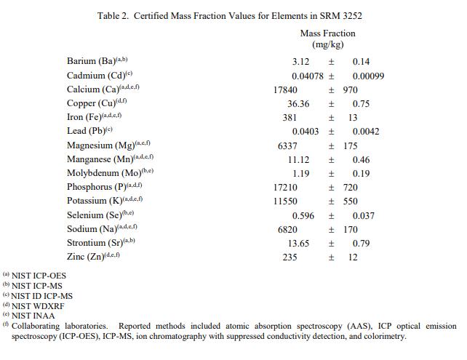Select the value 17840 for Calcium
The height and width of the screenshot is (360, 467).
coord(284,90)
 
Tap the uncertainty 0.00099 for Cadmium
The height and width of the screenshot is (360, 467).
coord(368,76)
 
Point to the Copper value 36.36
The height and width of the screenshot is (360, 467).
coord(298,104)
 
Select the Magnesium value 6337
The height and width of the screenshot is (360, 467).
coord(287,146)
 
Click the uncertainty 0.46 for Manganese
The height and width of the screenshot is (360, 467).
coord(361,160)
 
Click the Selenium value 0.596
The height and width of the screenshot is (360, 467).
coord(303,216)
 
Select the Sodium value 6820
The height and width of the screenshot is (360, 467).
coord(287,230)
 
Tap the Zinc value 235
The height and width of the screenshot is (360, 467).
coord(290,257)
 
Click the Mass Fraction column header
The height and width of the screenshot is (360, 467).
coord(327,33)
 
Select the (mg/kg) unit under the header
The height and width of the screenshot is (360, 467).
coord(327,45)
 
